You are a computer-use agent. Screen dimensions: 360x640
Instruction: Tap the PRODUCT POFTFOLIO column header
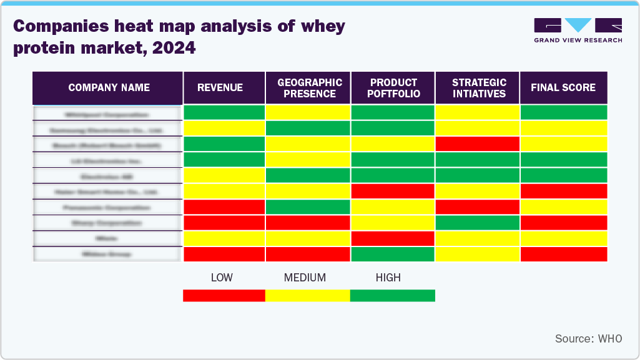point(393,88)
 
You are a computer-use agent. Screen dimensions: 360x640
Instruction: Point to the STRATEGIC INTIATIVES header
point(478,88)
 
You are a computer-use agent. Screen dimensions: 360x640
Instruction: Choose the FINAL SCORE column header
point(563,88)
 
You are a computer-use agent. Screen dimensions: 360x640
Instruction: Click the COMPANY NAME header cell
point(109,88)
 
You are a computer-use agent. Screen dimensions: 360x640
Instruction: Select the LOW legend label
point(222,278)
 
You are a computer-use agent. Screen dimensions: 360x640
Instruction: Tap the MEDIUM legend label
point(305,278)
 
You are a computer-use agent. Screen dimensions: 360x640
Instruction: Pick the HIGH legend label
point(388,278)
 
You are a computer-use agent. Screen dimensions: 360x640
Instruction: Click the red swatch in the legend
point(224,295)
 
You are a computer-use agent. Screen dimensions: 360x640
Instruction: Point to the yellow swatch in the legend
point(307,295)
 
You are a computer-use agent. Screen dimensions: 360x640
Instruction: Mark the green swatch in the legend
point(392,295)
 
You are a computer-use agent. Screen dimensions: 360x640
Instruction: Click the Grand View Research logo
point(578,31)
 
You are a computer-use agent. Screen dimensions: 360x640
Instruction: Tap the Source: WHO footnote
point(588,339)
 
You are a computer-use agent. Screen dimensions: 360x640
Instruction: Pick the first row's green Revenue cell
point(224,112)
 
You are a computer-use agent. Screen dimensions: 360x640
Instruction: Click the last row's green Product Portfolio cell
point(393,254)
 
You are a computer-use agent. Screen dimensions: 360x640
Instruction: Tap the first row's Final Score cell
point(563,112)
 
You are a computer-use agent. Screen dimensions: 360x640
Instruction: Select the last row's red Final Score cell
point(563,254)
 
